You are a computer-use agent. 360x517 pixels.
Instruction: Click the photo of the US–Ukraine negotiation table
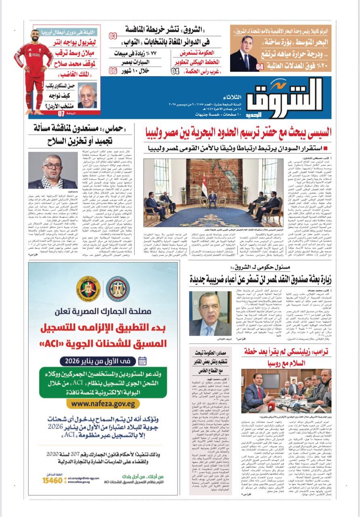(286, 390)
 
